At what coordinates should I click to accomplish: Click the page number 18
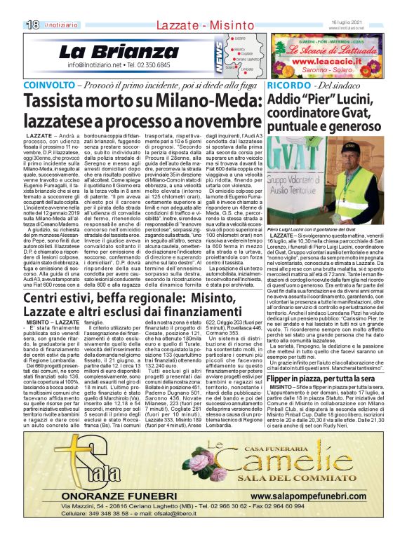pyautogui.click(x=32, y=25)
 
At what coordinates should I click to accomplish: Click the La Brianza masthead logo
pyautogui.click(x=109, y=51)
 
